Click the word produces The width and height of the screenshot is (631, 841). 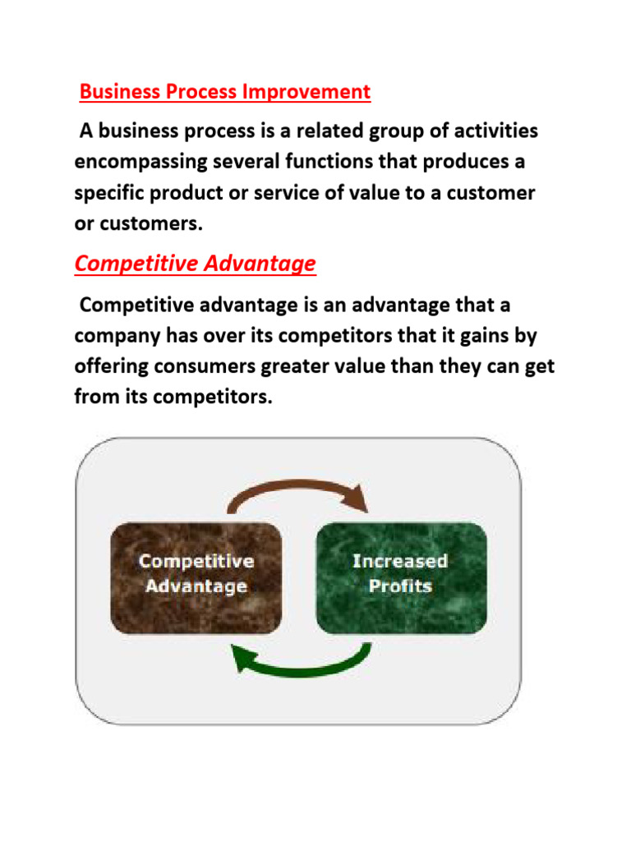pyautogui.click(x=463, y=162)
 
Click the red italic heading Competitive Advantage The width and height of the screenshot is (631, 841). pyautogui.click(x=195, y=264)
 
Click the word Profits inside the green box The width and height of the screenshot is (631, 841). pyautogui.click(x=400, y=586)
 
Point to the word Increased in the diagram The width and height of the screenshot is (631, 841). pyautogui.click(x=400, y=562)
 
